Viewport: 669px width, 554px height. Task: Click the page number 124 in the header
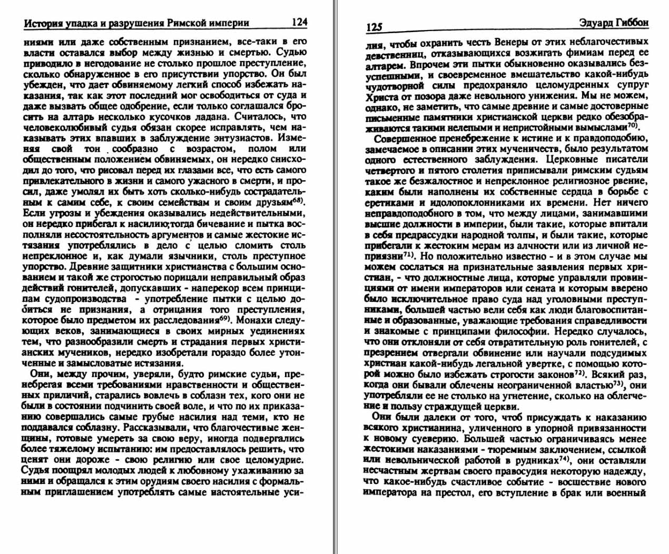[x=299, y=22]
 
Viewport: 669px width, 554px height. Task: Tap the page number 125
[x=374, y=27]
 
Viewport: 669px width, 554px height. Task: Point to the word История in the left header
[x=43, y=23]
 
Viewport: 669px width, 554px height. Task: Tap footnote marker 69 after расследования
[x=226, y=319]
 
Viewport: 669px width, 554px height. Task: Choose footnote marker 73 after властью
[x=617, y=383]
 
